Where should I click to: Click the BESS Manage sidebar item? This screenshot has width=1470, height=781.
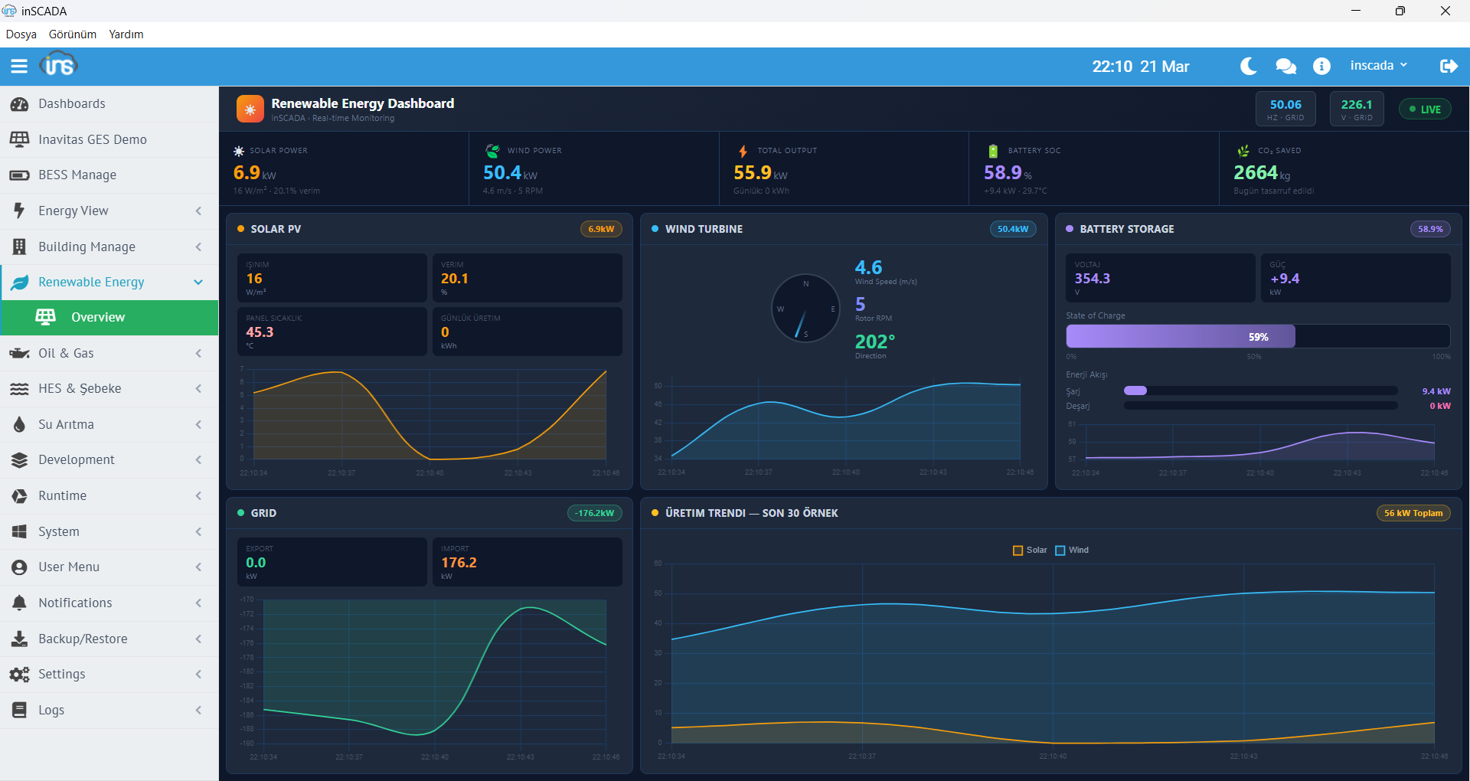(77, 175)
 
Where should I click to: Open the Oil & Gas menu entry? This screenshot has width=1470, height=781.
(66, 353)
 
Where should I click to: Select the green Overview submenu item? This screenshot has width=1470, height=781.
(97, 317)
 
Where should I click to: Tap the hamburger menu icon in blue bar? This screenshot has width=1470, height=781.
(19, 66)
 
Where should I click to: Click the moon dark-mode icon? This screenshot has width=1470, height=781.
(1248, 67)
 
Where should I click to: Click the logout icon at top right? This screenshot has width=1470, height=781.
(1448, 67)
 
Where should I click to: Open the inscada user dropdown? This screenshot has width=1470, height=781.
(1378, 66)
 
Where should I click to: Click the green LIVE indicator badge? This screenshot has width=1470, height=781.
(1425, 109)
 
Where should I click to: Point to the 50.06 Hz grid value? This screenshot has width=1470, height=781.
(1285, 105)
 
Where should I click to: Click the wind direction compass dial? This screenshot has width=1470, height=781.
(805, 309)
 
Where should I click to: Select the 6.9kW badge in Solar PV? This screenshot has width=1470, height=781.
(601, 229)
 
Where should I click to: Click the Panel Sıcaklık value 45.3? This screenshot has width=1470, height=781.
(260, 332)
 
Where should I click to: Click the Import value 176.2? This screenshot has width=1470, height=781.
(459, 563)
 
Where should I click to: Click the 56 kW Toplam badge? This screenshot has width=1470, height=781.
(1413, 513)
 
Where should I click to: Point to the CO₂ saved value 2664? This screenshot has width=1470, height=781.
(1255, 173)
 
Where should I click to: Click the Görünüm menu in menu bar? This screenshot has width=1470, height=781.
(73, 34)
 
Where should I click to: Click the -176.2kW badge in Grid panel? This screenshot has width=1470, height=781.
(594, 513)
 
